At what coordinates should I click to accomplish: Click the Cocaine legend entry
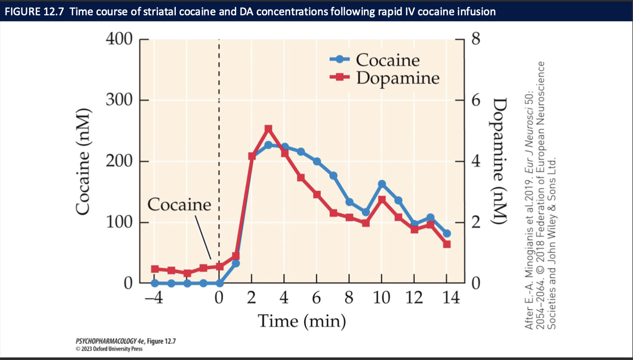coord(387,60)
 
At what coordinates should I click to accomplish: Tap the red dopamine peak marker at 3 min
coord(269,129)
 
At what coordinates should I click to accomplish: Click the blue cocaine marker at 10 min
coord(382,184)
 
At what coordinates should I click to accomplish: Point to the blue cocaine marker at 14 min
coord(447,234)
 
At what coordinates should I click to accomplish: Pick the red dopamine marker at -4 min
coord(155,269)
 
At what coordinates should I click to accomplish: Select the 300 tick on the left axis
coord(119,100)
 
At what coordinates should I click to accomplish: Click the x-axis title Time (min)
coord(301,321)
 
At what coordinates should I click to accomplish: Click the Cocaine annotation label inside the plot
coord(179,205)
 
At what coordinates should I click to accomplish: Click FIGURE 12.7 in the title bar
coord(35,11)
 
